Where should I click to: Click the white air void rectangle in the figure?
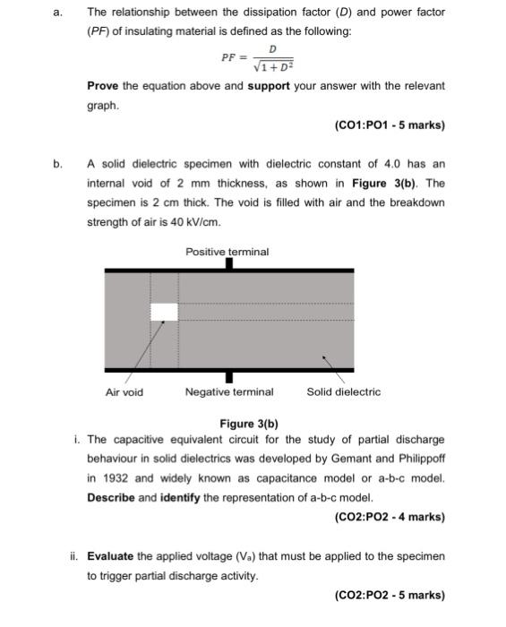(164, 312)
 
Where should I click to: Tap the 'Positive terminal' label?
(227, 252)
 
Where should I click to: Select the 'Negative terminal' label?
(229, 391)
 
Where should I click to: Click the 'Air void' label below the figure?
(124, 391)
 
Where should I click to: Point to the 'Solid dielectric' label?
(343, 391)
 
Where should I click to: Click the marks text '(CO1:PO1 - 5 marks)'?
(388, 125)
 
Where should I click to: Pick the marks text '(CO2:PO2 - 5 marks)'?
(388, 595)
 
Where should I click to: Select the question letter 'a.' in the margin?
(58, 13)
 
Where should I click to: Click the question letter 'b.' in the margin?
(58, 164)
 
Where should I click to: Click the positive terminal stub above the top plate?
(229, 263)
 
